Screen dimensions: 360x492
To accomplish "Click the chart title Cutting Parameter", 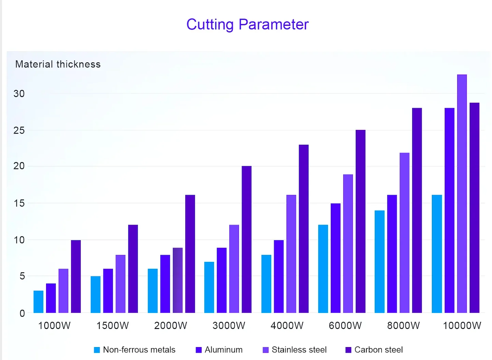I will pos(247,25).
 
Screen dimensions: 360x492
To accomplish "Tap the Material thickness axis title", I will pos(58,64).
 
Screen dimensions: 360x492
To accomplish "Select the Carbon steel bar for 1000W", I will pos(76,276).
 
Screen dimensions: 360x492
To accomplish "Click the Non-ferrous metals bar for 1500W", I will pos(96,295).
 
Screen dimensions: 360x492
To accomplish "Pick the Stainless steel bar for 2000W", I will pos(177,280).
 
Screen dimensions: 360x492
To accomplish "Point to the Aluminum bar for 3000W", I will pos(221,280).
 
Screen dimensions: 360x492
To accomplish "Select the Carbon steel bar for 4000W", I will pos(304,229).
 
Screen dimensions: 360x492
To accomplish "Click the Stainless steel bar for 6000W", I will pos(348,243).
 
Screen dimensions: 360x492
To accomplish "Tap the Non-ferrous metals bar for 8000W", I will pos(379,261).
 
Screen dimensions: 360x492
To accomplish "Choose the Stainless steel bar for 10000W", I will pos(462,194).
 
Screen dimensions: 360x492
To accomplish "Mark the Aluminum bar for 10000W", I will pos(449,210).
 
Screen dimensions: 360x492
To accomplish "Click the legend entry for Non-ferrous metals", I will pos(135,350).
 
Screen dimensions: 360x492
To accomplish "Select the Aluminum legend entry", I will pos(219,350).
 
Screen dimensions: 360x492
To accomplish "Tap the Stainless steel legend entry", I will pos(294,350).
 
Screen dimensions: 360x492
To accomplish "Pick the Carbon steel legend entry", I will pos(374,350).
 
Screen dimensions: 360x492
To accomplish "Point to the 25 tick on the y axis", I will pos(19,130).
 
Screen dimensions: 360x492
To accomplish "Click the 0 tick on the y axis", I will pos(22,313).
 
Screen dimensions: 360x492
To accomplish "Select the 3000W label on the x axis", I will pos(229,326).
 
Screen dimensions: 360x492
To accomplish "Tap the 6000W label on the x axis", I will pos(345,326).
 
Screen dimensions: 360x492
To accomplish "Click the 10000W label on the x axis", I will pos(462,326).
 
